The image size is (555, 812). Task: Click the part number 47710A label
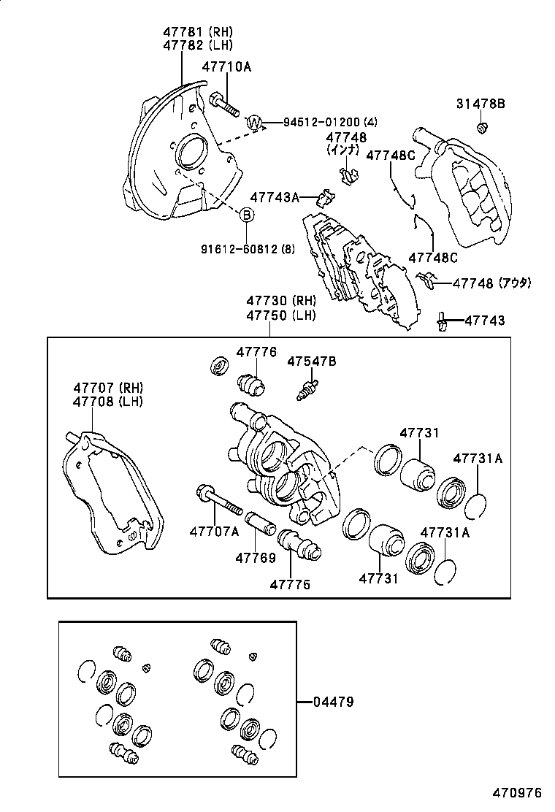(226, 67)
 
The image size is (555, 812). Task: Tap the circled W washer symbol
(254, 122)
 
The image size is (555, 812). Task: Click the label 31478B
(481, 104)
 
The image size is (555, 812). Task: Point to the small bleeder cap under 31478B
(482, 129)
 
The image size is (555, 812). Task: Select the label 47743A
(275, 197)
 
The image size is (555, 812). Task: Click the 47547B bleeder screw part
(309, 388)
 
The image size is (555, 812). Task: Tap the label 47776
(256, 352)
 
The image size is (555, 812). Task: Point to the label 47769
(256, 559)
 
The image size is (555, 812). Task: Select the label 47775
(290, 584)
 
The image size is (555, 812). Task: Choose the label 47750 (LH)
(280, 315)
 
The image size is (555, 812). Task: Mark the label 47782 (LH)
(197, 45)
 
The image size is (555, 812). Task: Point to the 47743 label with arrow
(484, 321)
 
